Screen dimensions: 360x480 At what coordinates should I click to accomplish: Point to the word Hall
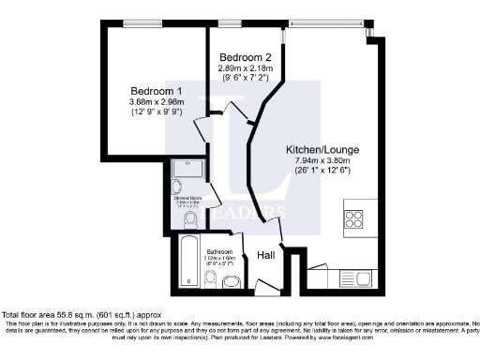pos(266,253)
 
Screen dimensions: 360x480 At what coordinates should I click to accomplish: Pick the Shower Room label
pos(189,198)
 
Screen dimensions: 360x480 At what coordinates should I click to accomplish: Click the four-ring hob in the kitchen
pos(355,218)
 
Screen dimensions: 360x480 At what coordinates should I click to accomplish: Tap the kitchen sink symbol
pos(360,277)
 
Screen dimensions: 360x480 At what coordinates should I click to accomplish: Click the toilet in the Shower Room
pos(191,218)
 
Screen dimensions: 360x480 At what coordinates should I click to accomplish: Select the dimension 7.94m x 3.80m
pos(322,160)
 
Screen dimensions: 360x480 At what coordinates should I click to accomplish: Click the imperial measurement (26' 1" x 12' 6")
pos(322,171)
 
